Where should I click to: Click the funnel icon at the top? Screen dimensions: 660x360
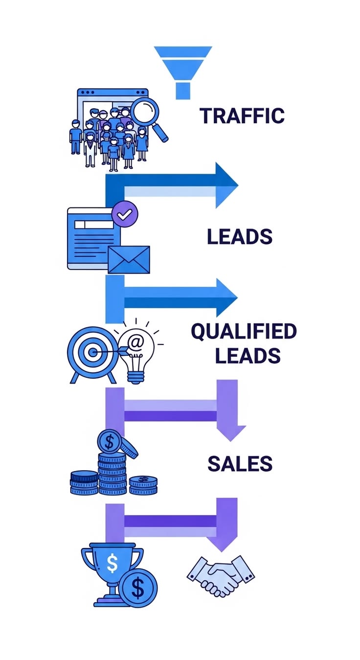tap(183, 68)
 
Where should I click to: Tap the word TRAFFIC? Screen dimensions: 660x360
tap(242, 116)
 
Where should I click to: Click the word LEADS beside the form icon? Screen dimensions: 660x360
tap(239, 237)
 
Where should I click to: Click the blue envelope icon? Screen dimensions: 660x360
tap(129, 259)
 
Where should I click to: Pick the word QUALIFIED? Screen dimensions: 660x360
tap(244, 332)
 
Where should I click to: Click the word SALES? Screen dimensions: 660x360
tap(240, 464)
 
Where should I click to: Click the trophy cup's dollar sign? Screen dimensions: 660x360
tap(112, 564)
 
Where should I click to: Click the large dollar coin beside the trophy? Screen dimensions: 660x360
tap(138, 590)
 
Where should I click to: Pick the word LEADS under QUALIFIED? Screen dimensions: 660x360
tap(247, 355)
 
